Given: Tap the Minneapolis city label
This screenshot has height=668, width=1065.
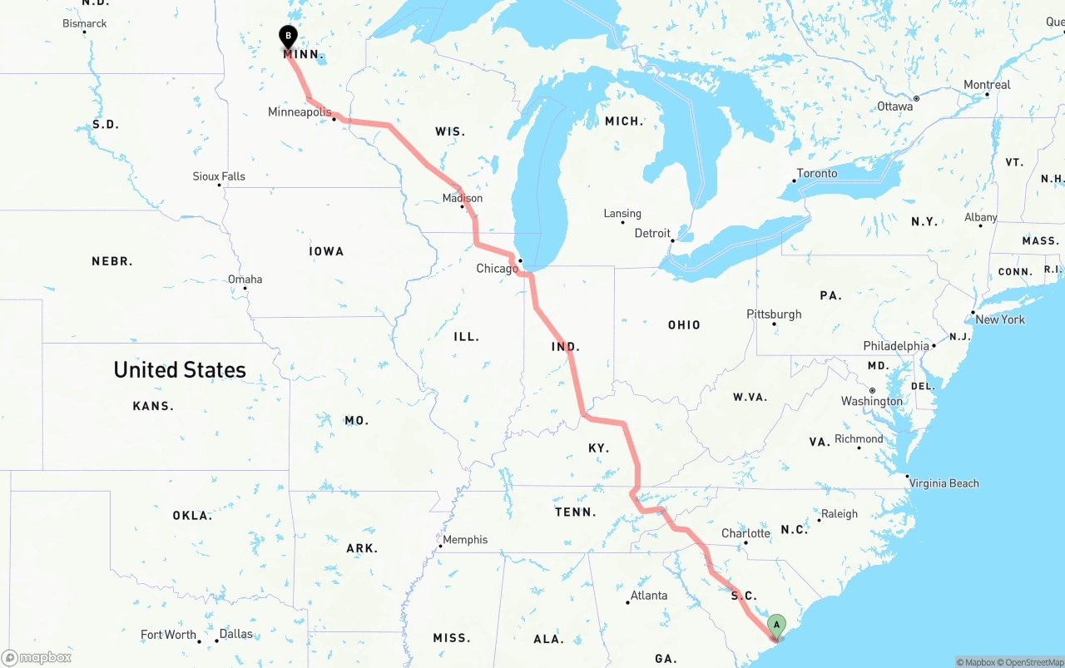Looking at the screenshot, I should point(300,111).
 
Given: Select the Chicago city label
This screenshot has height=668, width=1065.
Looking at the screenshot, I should point(497,268).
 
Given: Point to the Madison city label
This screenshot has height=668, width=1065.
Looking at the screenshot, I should point(463,198).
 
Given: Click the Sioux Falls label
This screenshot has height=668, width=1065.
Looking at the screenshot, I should point(219,176).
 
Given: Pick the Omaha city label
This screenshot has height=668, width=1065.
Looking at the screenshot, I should point(245,280).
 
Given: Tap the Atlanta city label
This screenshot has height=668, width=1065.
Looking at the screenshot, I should point(648,595).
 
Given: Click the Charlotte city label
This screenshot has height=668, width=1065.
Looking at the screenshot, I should point(745,533).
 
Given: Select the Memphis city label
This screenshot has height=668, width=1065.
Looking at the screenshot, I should point(465,540).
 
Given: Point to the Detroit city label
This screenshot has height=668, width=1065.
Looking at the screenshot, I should point(652,233).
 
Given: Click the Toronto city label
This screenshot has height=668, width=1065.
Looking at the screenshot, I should point(817,173).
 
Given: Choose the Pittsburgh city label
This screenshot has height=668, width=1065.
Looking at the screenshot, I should point(774,314).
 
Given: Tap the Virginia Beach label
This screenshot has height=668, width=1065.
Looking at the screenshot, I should point(944,483).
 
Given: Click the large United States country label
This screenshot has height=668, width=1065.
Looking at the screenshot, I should point(180,370).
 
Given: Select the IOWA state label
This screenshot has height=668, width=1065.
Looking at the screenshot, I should point(326,251).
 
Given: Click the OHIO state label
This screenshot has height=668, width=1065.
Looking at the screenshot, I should point(684,325).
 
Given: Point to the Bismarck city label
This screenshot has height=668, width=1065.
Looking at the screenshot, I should point(85,23).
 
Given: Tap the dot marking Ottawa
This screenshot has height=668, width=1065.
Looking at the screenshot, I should point(916,98).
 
